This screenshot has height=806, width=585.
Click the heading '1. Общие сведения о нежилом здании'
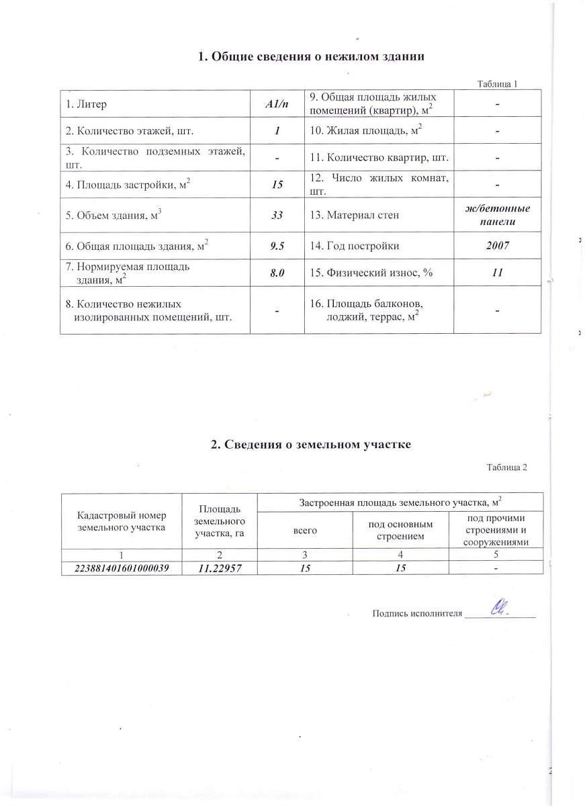(311, 56)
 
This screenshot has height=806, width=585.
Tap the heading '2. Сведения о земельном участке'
(310, 445)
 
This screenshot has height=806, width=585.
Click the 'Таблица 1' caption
(498, 84)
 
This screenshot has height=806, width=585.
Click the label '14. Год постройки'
(354, 246)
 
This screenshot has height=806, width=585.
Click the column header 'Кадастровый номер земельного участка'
(122, 521)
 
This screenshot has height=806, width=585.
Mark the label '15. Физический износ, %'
(365, 273)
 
